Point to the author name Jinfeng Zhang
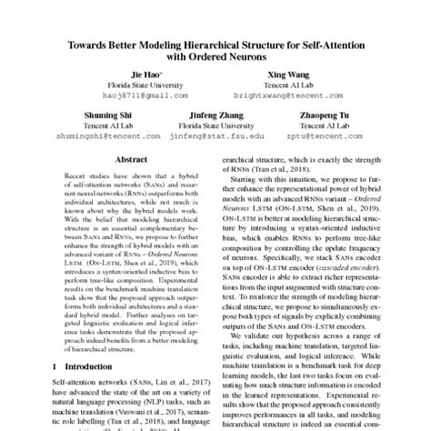point(215,117)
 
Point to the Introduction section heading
point(90,368)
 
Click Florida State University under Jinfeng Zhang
point(215,128)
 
